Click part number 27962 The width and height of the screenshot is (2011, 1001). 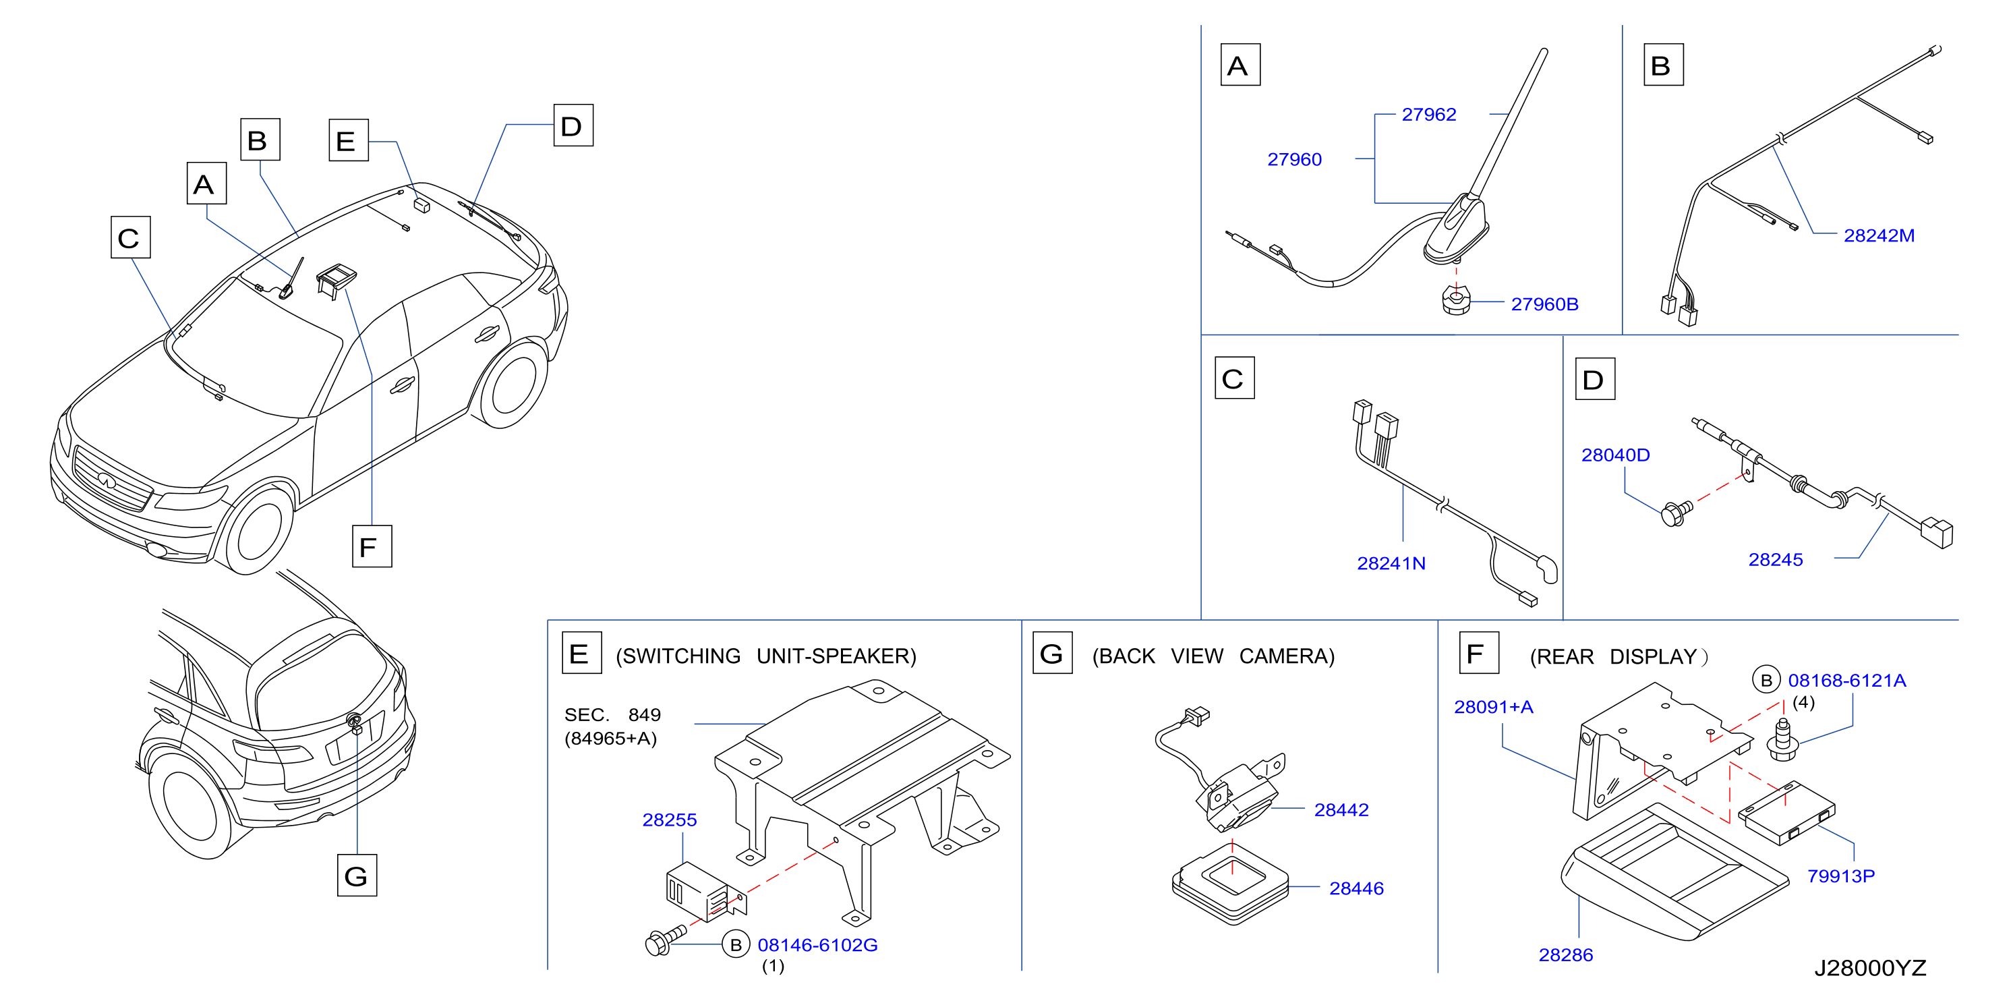[x=1428, y=115]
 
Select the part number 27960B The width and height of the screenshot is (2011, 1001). [x=1544, y=304]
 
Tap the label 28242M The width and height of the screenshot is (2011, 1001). [x=1878, y=236]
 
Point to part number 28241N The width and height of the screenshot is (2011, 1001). [x=1391, y=564]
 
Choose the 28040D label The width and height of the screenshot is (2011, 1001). [x=1615, y=455]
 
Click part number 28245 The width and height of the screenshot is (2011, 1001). [x=1775, y=560]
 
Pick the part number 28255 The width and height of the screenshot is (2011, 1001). [x=669, y=820]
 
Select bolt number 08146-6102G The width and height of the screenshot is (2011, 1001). [x=817, y=945]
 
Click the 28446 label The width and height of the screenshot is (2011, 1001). [x=1356, y=888]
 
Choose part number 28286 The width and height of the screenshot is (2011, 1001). [x=1565, y=955]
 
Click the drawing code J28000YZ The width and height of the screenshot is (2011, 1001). [x=1869, y=968]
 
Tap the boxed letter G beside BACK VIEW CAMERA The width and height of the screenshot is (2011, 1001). [x=1051, y=654]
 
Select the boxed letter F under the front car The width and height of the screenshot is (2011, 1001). [x=372, y=546]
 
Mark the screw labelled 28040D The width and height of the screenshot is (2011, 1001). [x=1676, y=514]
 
